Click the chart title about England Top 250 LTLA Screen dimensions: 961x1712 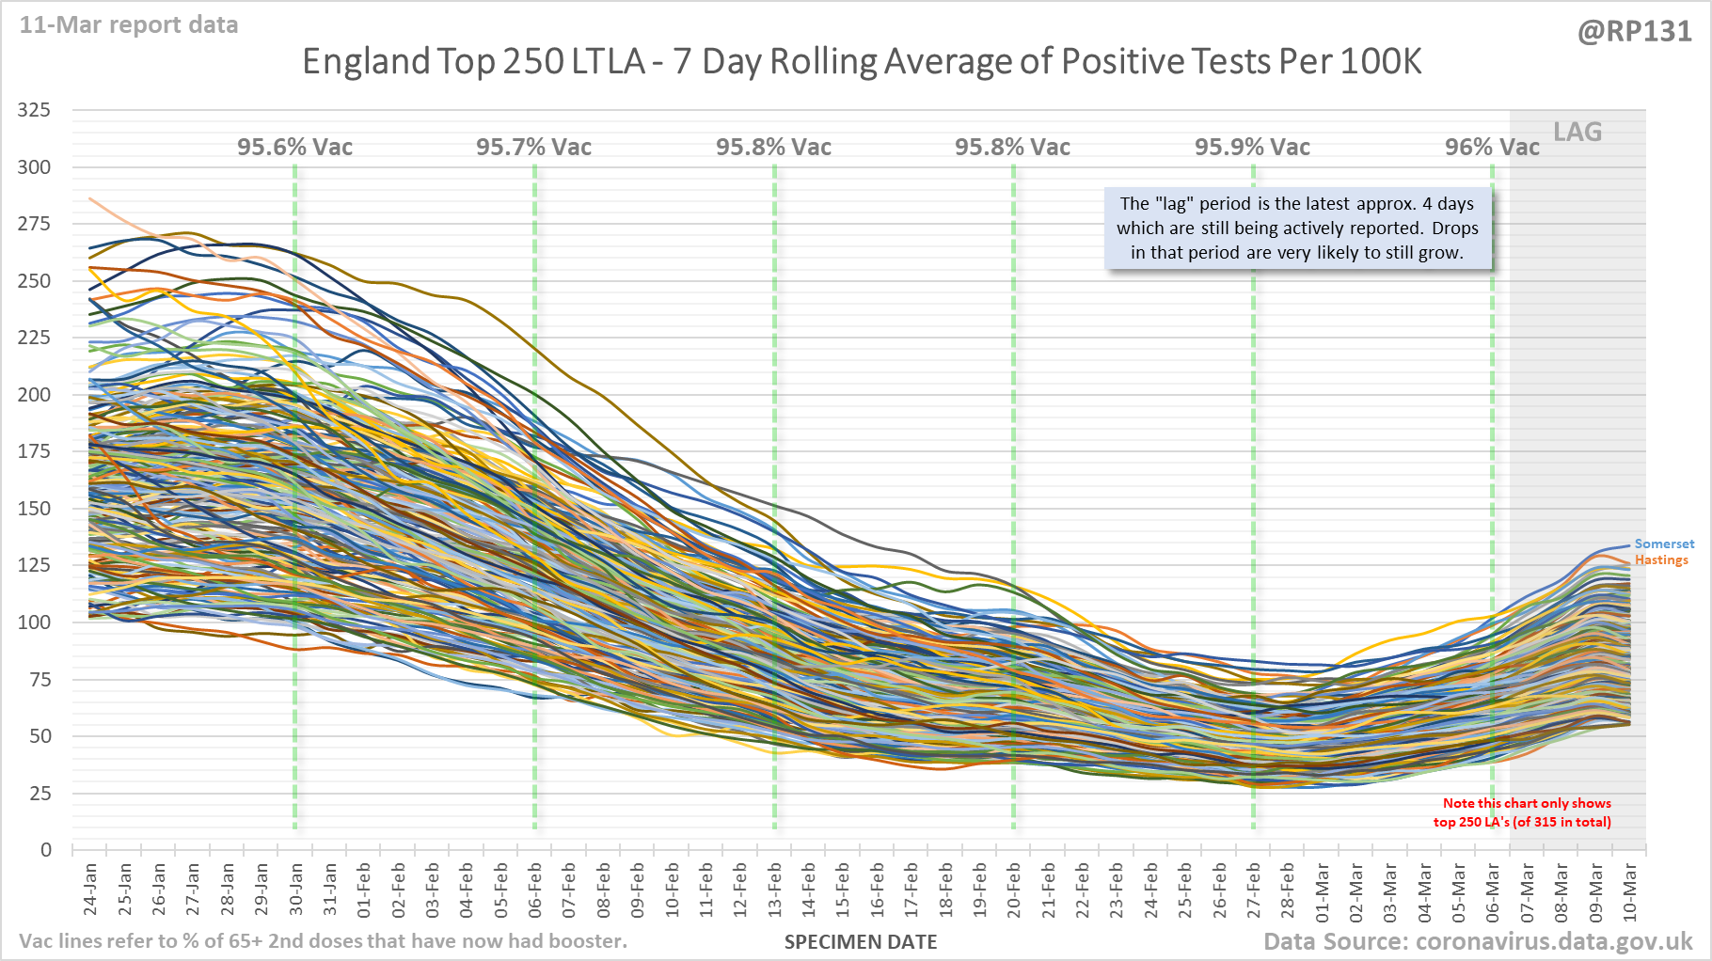861,62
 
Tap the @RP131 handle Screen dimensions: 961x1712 1634,32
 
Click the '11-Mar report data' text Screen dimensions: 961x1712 129,25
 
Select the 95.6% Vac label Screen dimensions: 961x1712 294,148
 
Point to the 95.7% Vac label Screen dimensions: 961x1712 533,148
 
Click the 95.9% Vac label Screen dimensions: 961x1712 1252,148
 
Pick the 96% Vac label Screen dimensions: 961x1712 1491,148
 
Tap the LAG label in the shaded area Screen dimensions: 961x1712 1577,133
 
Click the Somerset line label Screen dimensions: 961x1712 1664,544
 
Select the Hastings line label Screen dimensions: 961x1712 1661,560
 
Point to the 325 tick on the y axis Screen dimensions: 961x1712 35,110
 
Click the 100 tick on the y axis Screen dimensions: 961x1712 35,622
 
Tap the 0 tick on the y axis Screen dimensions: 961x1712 46,850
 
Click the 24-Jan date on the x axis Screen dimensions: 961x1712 90,889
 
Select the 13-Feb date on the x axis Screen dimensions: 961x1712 774,889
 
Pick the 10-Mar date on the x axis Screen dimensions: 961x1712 1629,889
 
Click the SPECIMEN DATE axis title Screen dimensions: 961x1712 861,942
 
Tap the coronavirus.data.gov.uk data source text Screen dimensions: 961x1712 1477,942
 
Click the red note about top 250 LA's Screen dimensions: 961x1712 1522,812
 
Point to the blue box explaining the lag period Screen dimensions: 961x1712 1297,228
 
